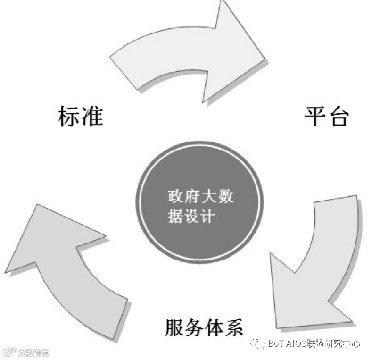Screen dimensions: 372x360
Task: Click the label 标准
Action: pos(80,116)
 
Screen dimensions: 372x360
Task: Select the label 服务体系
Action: pos(204,327)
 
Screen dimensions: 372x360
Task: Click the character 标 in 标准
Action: pos(69,116)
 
